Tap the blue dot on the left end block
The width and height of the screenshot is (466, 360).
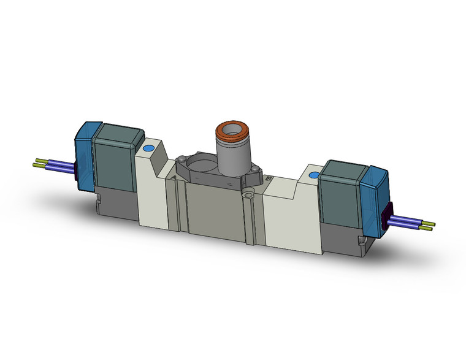(148, 149)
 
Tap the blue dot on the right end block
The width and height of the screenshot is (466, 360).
(314, 176)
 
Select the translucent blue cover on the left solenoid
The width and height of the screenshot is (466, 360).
(84, 153)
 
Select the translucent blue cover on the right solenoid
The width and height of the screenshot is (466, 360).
(375, 190)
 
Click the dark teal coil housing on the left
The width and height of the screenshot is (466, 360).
(116, 158)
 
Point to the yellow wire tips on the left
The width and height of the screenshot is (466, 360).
(38, 164)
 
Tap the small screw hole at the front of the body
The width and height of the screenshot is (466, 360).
(248, 196)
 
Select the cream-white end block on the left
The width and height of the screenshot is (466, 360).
(152, 184)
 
